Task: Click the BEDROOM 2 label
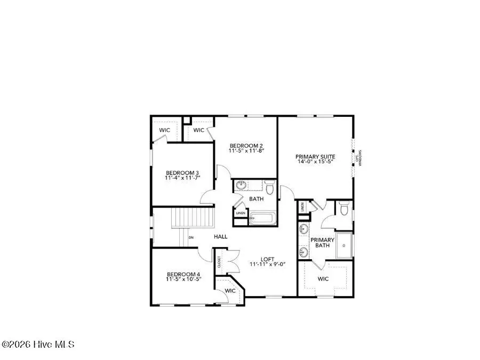[x=246, y=146]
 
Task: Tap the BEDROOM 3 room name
[x=182, y=173]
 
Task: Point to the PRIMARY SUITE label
[x=315, y=157]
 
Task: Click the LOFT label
[x=267, y=260]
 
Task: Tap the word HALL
[x=221, y=236]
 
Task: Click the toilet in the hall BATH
[x=269, y=188]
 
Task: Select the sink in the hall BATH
[x=242, y=186]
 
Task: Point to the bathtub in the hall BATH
[x=261, y=219]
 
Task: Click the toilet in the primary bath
[x=344, y=211]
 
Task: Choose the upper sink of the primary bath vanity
[x=303, y=230]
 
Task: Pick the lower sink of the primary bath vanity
[x=303, y=251]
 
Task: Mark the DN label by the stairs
[x=190, y=237]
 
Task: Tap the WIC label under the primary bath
[x=323, y=278]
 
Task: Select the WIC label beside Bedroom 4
[x=230, y=291]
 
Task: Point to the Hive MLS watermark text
[x=38, y=345]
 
